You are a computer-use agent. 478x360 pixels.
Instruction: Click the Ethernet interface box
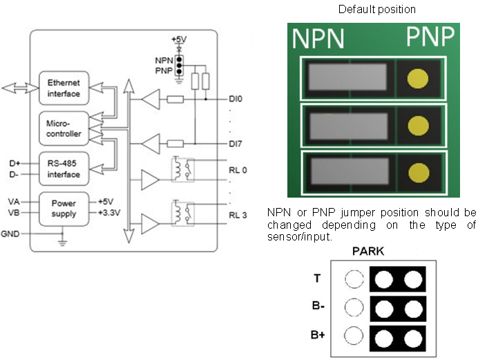pos(63,88)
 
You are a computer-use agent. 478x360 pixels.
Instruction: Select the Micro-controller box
pos(63,128)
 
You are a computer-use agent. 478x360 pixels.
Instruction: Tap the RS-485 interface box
pos(63,169)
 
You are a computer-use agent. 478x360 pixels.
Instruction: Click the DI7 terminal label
pos(236,144)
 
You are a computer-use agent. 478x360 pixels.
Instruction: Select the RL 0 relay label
pos(238,169)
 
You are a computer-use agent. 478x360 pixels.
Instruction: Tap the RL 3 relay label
pos(238,214)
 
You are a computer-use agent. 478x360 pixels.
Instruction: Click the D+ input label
pos(14,164)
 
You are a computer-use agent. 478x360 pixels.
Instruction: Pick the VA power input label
pos(14,201)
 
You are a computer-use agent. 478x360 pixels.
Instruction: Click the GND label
pos(10,234)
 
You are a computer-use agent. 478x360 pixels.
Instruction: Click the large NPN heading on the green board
pos(318,39)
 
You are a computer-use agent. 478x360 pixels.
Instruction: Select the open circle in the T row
pos(353,278)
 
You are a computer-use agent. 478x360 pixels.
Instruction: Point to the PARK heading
pos(368,252)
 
